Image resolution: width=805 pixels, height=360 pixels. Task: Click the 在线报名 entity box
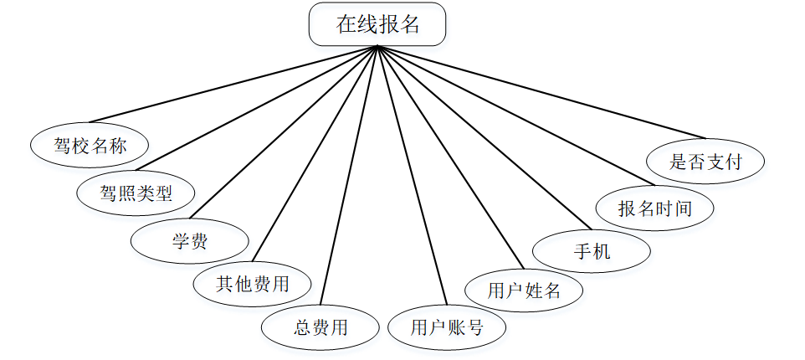377,25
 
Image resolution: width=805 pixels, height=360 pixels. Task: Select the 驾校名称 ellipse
90,147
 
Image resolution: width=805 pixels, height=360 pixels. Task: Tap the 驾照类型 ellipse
136,194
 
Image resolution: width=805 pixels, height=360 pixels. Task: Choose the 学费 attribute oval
190,242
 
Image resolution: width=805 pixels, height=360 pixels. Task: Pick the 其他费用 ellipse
252,283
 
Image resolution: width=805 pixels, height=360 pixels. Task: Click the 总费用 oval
320,327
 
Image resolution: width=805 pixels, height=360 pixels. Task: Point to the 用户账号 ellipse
447,327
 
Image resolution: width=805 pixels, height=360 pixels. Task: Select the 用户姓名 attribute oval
524,291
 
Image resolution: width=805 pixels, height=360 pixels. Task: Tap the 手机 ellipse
592,251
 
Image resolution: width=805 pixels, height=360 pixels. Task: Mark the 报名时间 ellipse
654,208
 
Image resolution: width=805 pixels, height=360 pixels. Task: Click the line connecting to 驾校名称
234,84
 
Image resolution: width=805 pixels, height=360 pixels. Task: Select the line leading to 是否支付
544,92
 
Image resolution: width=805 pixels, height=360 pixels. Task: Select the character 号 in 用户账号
474,327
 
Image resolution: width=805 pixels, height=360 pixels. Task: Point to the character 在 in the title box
346,25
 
